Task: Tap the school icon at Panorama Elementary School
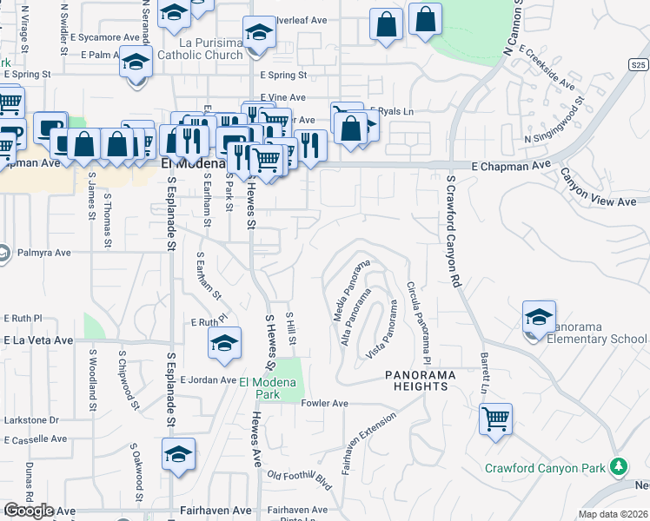(539, 316)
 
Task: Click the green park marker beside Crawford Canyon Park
(619, 467)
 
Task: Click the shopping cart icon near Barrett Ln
(495, 419)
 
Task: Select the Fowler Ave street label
(324, 404)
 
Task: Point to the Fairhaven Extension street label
(369, 442)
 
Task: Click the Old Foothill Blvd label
(300, 478)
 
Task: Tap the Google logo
(29, 511)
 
